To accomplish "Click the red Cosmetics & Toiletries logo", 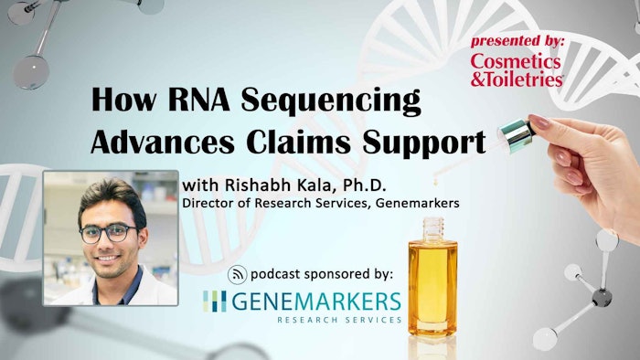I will click(517, 69).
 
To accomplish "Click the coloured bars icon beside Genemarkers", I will click(214, 302).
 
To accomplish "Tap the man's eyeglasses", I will click(109, 233).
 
